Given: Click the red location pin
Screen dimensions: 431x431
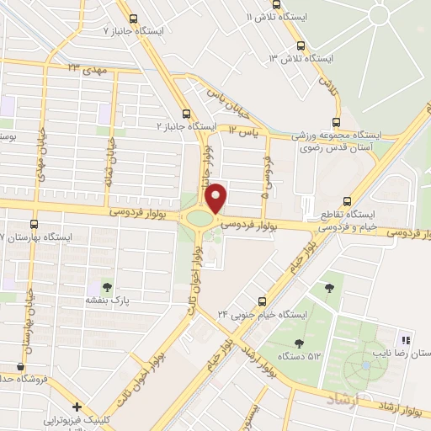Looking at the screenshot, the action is point(216,197).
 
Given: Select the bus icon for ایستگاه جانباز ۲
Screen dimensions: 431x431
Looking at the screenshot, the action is point(187,114).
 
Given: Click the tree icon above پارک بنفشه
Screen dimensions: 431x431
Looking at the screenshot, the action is point(106,286).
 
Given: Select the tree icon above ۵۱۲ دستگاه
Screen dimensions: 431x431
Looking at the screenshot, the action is point(299,342).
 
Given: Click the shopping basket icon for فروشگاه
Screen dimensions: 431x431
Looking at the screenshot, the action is point(20,368).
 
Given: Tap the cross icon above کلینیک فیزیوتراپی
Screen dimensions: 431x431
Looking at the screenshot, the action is point(77,407).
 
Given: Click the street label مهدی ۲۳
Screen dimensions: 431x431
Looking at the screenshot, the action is point(85,67).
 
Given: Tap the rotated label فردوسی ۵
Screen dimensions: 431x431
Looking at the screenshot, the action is point(265,178).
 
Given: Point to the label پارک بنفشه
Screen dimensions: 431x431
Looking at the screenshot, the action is point(105,300).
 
